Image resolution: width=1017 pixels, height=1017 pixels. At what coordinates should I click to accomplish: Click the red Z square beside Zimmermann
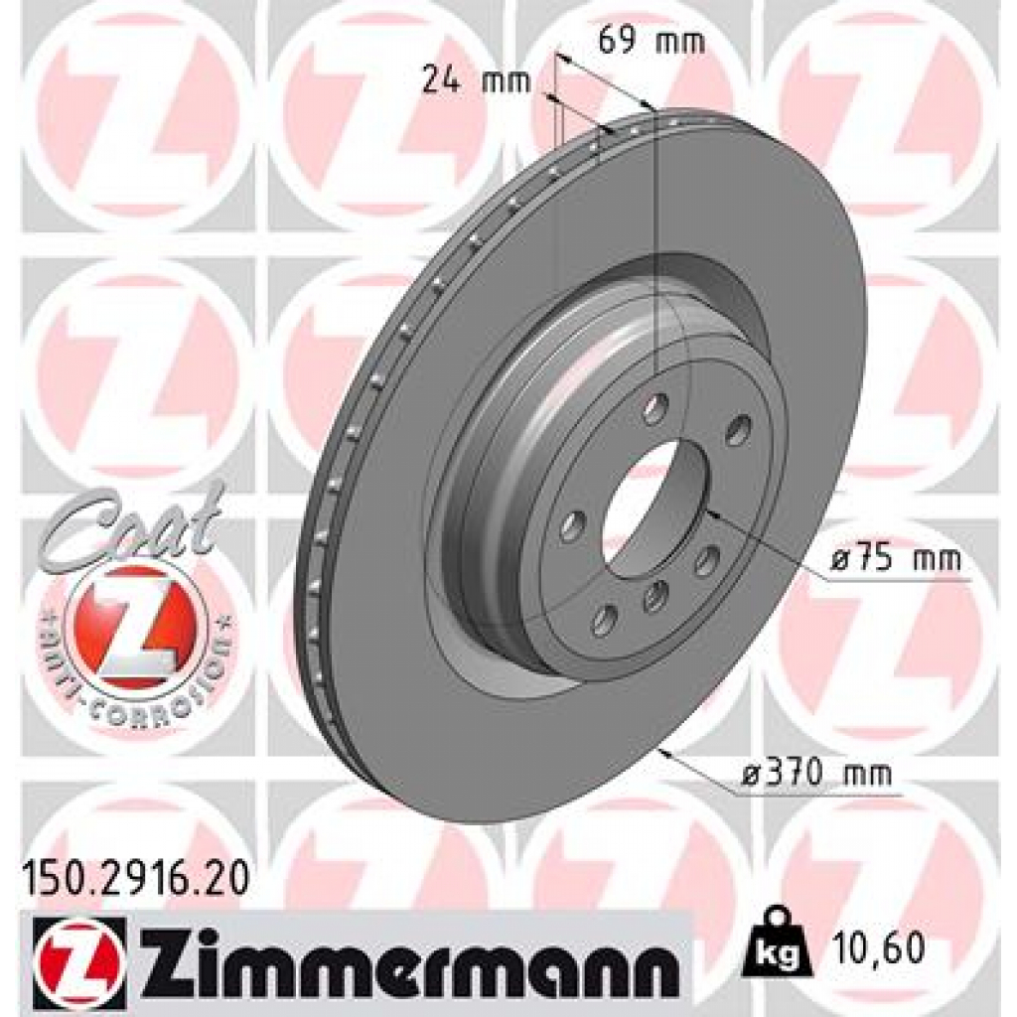click(79, 955)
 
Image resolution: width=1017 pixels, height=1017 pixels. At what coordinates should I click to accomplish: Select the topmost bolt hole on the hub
click(654, 407)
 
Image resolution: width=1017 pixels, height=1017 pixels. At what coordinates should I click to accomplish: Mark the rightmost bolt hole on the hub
click(738, 432)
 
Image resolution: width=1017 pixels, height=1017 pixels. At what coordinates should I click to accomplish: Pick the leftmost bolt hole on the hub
click(572, 526)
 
